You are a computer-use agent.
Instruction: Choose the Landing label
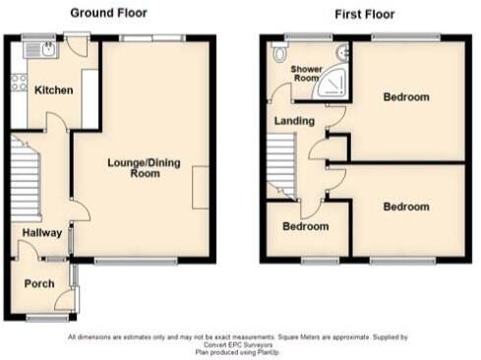pos(295,121)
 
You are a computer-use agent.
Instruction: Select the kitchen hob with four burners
pos(17,82)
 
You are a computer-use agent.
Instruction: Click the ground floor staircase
pos(22,167)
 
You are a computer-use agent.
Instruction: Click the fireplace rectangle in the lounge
pos(200,187)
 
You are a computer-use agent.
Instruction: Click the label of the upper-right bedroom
pos(406,97)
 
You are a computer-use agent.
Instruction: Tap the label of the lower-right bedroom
pos(405,207)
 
